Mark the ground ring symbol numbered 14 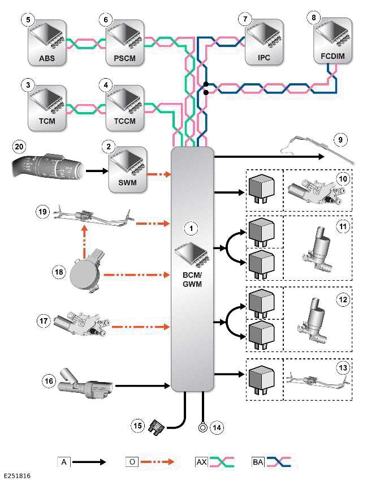click(x=202, y=427)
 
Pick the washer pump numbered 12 click(x=315, y=320)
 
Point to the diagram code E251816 click(x=16, y=476)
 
